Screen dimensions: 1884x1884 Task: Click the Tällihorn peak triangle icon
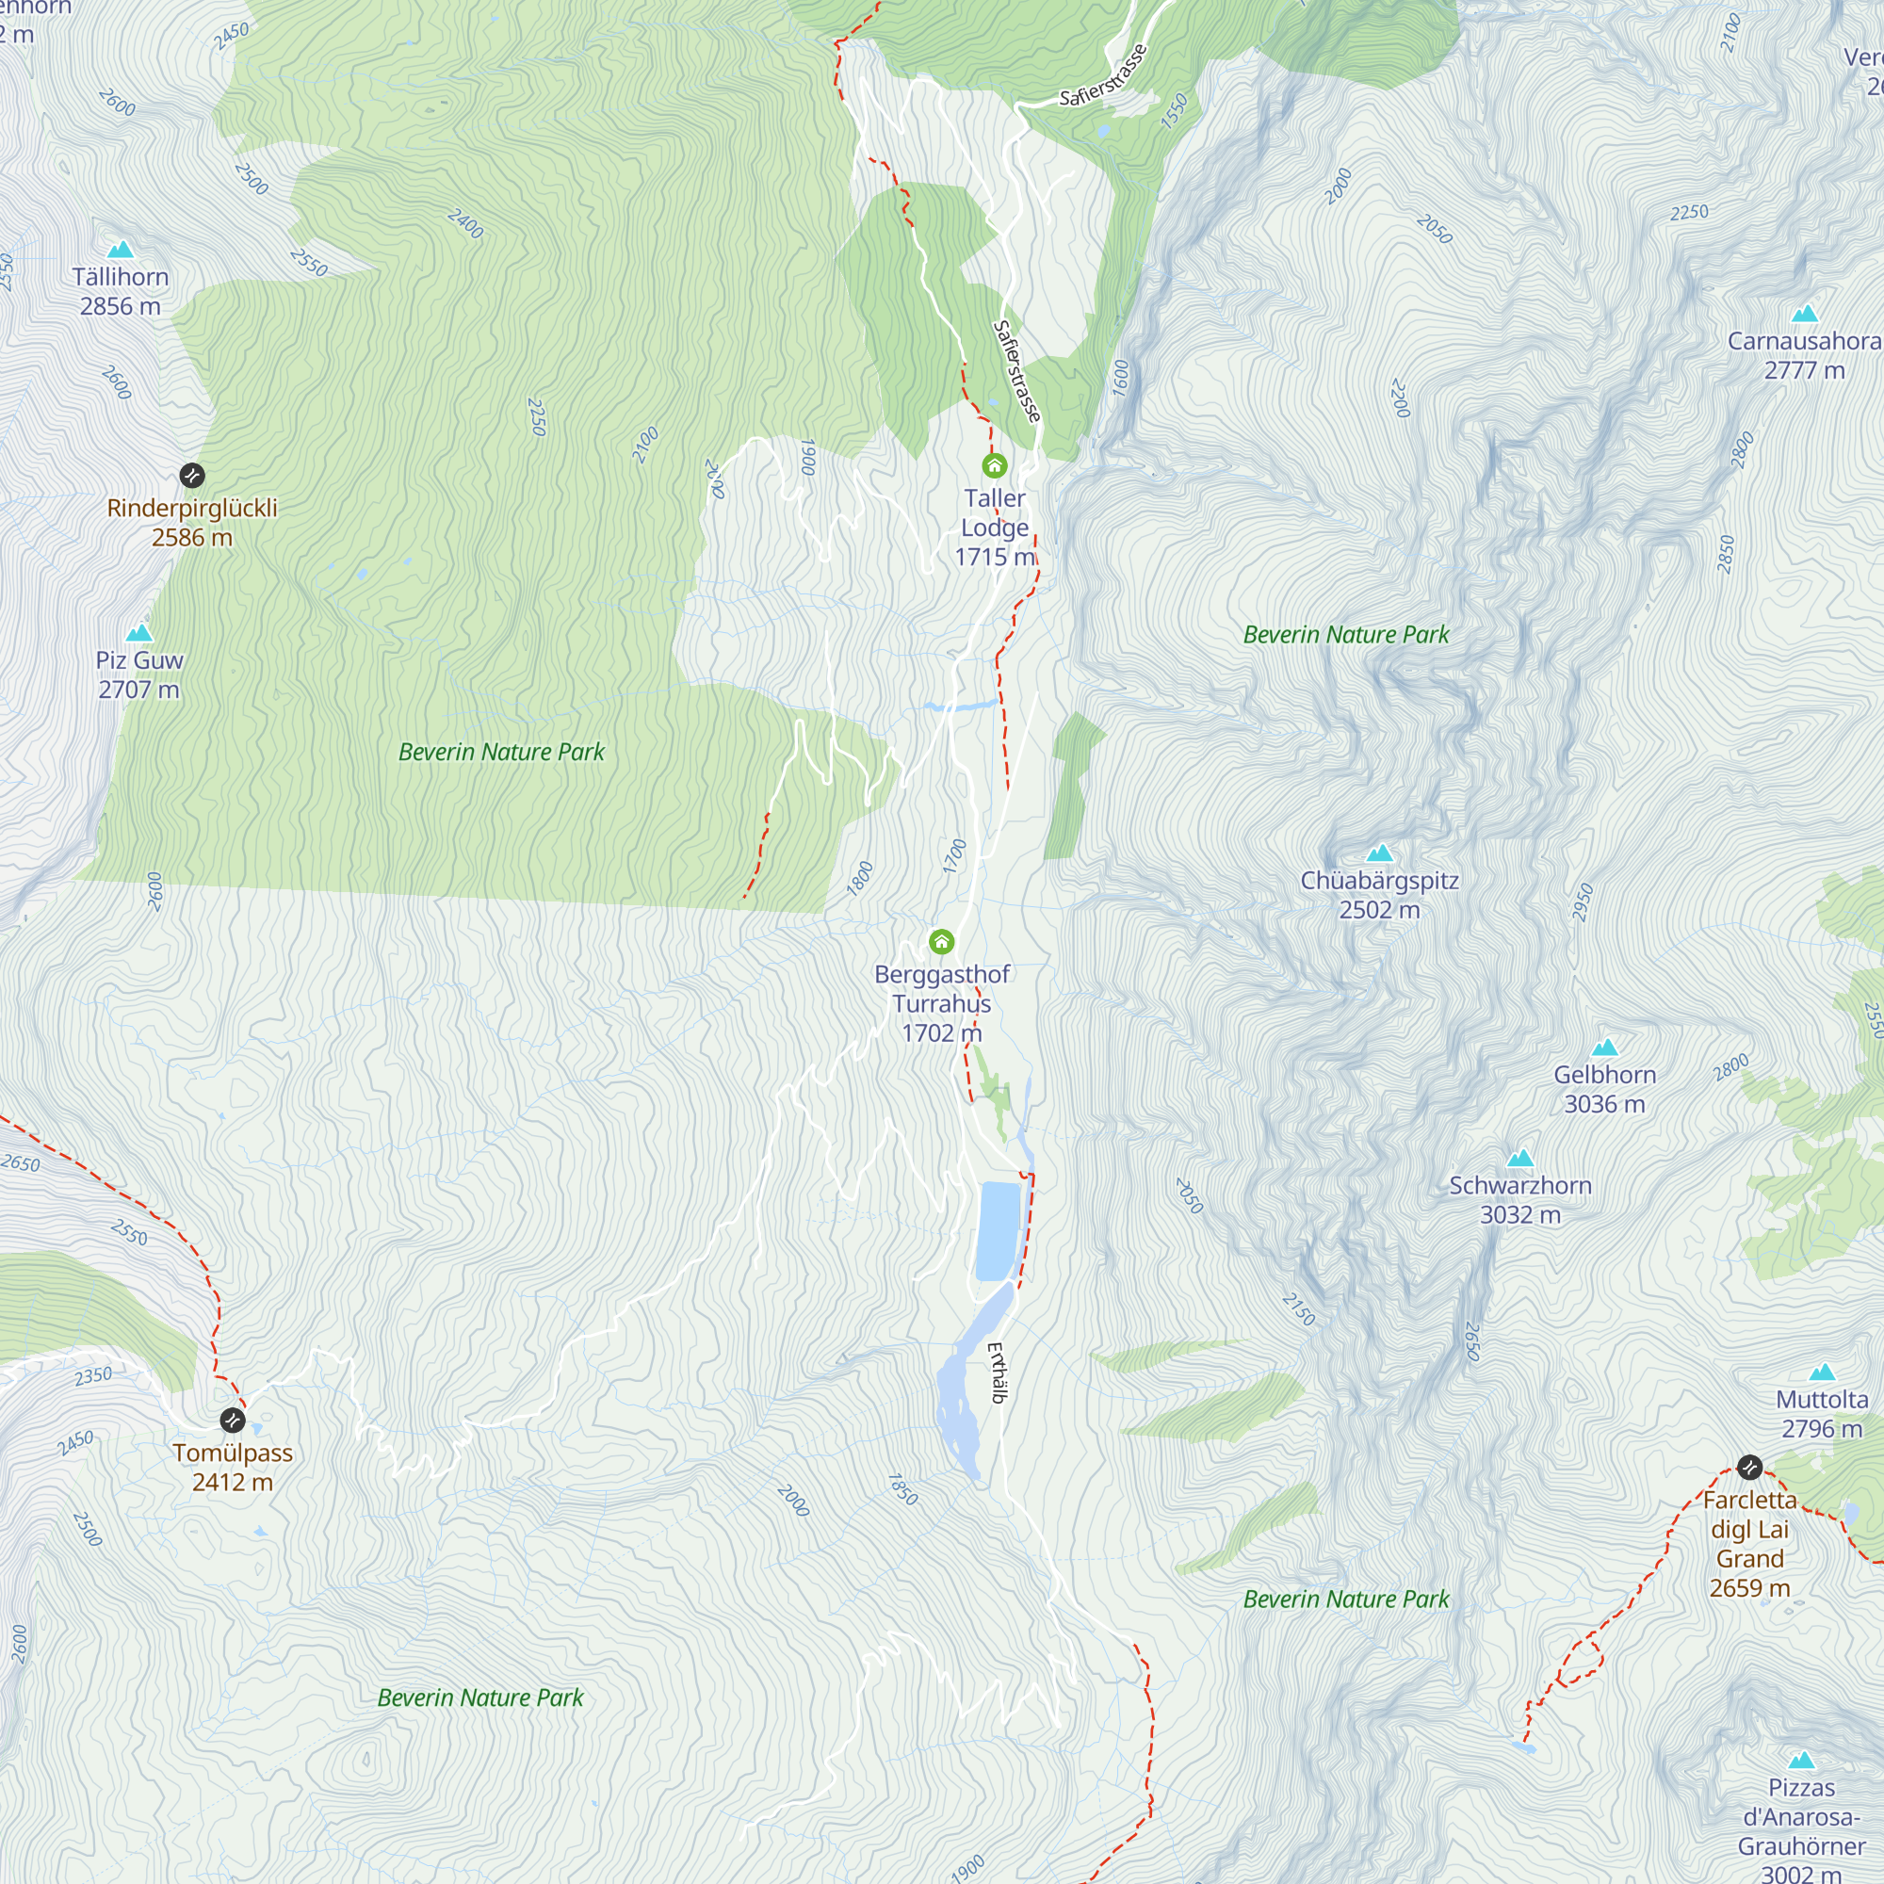click(x=120, y=250)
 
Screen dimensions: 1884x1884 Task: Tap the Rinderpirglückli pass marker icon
click(x=192, y=476)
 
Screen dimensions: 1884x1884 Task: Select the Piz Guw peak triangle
click(x=139, y=633)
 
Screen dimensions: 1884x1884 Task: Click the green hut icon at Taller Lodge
click(x=994, y=465)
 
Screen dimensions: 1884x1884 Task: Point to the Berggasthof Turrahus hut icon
click(x=941, y=941)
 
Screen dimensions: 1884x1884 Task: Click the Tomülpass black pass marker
click(x=232, y=1419)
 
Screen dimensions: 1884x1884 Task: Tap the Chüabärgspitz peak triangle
click(x=1379, y=853)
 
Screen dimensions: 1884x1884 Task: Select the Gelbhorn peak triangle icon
click(x=1604, y=1048)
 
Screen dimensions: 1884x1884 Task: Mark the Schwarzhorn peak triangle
click(x=1520, y=1159)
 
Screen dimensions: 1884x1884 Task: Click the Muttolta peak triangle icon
click(x=1822, y=1373)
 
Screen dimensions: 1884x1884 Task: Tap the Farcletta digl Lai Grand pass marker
click(x=1749, y=1467)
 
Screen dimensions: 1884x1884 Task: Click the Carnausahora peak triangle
click(x=1804, y=314)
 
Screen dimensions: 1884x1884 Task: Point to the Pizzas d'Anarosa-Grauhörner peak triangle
click(x=1801, y=1761)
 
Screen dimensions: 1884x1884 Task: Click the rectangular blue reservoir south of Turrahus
click(x=998, y=1230)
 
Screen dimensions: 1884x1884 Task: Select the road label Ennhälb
click(x=997, y=1373)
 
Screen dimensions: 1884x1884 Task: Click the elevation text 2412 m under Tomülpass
click(x=232, y=1482)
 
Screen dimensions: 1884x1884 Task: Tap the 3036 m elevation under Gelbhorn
click(x=1604, y=1104)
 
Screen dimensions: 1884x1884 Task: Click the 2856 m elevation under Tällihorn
click(x=120, y=306)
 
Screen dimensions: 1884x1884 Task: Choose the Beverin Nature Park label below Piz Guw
click(x=501, y=752)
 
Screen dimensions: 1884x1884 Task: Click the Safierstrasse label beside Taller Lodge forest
click(x=1017, y=371)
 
